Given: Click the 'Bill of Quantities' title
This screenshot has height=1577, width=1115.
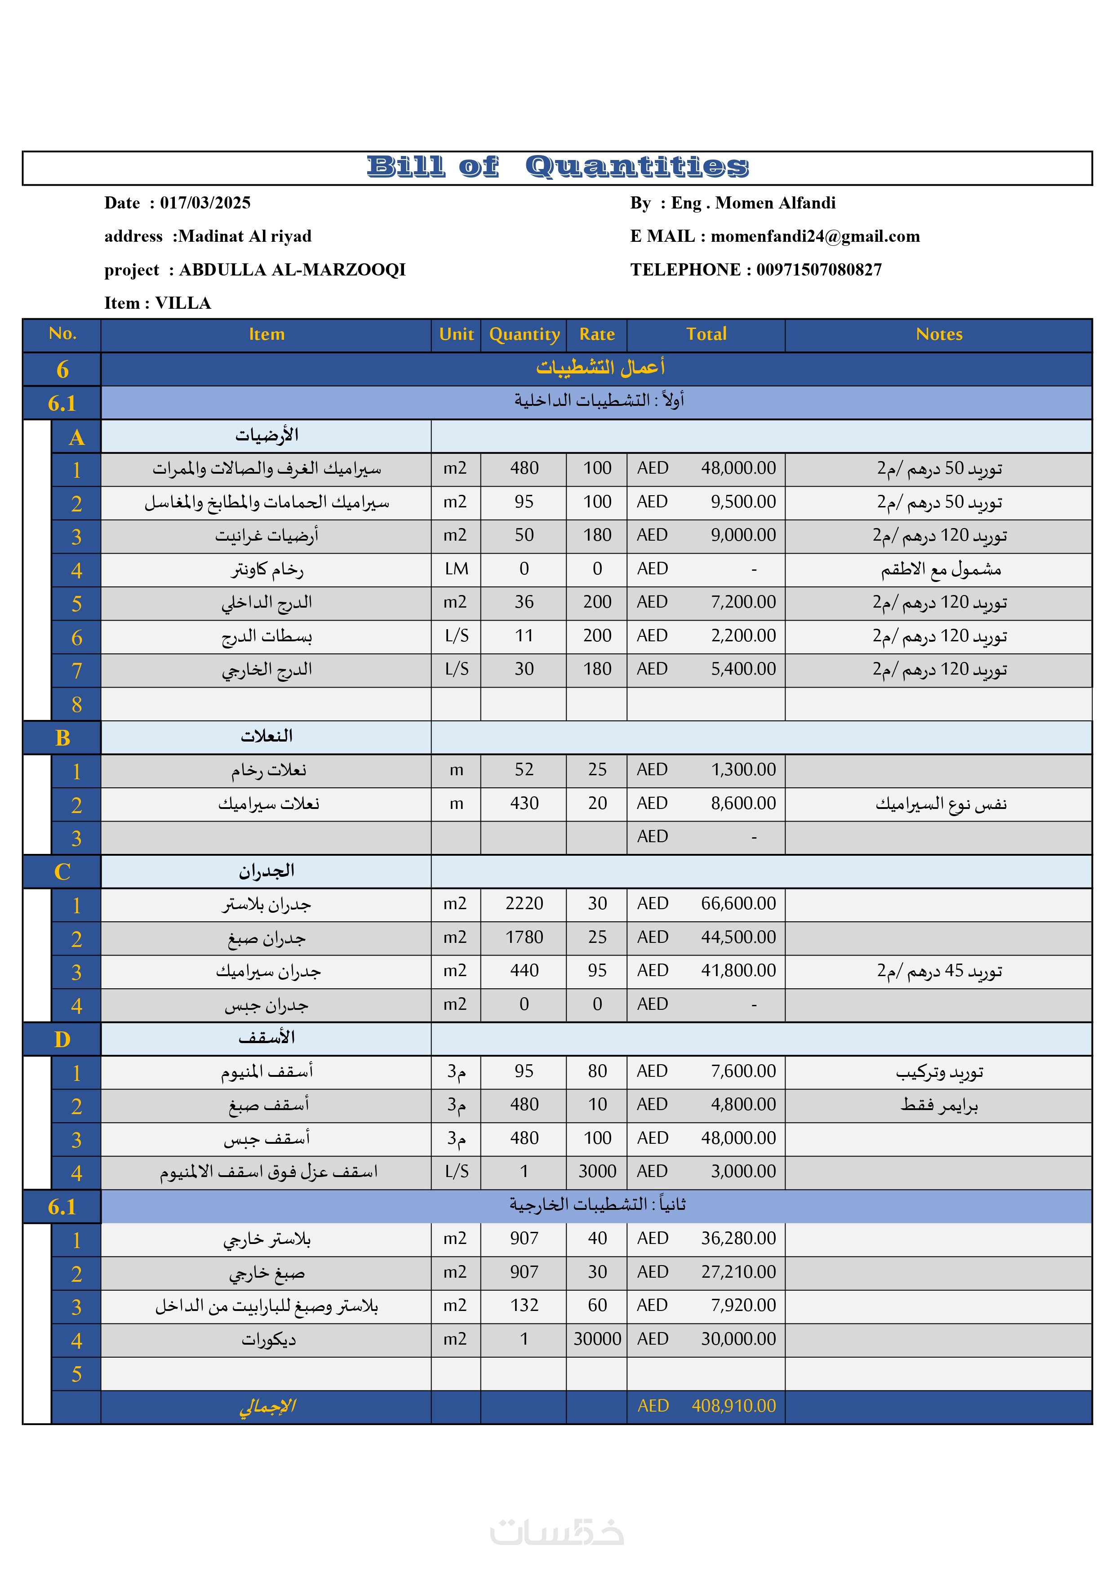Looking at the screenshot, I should point(557,167).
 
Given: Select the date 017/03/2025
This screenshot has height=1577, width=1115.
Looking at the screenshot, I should point(205,203).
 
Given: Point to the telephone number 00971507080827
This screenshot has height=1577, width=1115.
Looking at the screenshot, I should point(819,270).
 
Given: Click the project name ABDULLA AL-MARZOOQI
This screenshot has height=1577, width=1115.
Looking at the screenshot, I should point(292,270).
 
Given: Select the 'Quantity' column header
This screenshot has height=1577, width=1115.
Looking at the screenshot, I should point(524,334).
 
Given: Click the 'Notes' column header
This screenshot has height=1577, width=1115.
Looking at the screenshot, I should point(938,334).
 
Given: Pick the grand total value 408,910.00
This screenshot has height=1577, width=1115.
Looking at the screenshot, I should point(733,1406).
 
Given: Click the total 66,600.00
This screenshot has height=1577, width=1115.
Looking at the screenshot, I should point(738,903).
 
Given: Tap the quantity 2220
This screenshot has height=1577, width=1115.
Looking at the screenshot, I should point(524,903).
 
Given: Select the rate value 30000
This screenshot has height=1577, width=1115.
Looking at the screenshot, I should point(597,1339).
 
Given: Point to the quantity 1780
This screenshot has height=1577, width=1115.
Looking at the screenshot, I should point(524,937).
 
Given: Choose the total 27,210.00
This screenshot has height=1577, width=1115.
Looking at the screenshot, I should point(738,1272).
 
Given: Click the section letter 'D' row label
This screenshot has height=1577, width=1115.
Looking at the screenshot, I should point(62,1039).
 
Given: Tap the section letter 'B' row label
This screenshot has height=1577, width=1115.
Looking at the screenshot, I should point(62,737).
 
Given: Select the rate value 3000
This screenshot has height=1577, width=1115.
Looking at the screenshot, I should point(597,1171).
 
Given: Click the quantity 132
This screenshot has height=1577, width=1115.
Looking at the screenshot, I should point(524,1305).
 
